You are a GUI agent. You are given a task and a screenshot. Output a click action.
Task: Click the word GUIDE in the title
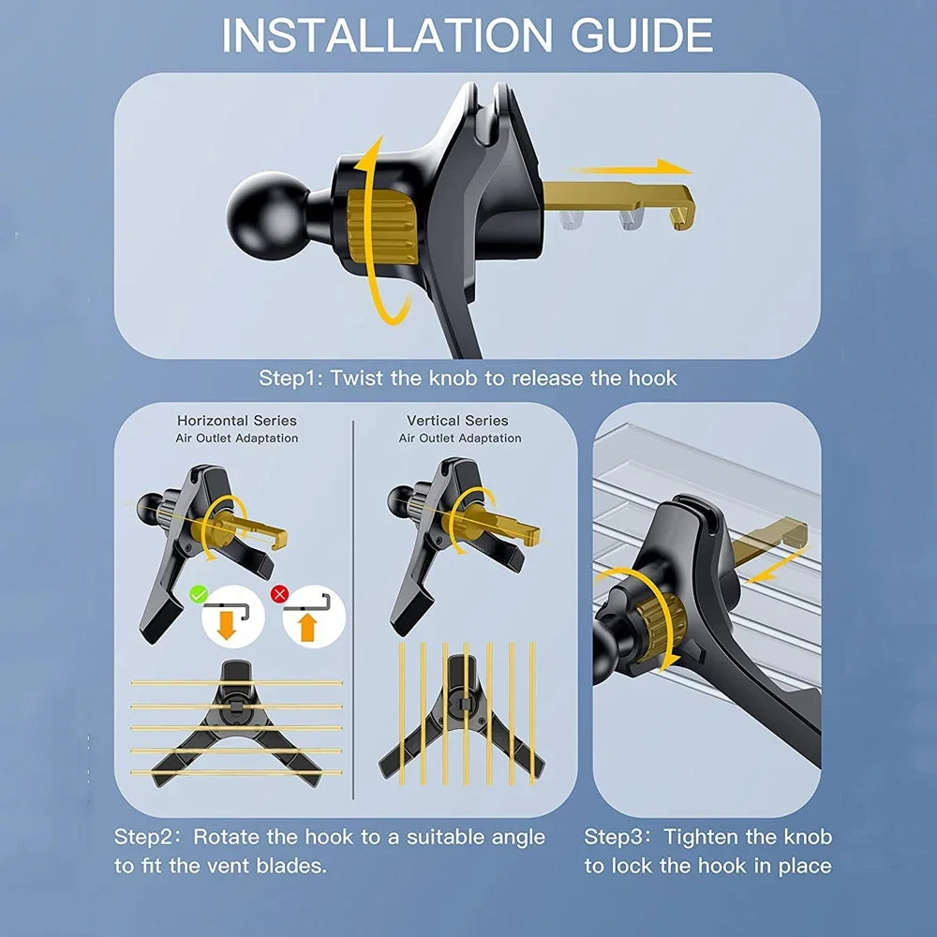643,36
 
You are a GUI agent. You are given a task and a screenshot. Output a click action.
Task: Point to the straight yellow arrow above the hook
631,168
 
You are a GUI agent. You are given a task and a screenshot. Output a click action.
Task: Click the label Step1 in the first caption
290,379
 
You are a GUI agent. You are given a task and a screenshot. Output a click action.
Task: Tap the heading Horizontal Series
237,421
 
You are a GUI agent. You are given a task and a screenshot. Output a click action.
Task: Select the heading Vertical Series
457,421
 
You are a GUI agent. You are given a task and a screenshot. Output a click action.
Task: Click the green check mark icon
199,595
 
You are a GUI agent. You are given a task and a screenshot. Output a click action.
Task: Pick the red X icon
279,594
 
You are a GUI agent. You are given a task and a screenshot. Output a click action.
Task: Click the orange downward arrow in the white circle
226,625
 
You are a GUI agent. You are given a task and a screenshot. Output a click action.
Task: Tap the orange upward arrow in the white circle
307,626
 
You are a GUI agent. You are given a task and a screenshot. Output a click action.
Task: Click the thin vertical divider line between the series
353,610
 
